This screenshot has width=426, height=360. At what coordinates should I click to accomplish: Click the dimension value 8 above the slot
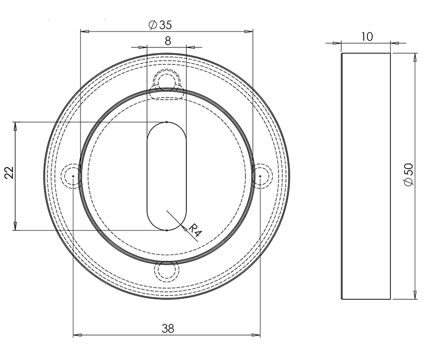tap(167, 40)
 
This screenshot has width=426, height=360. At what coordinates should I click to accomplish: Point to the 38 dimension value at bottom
tap(167, 328)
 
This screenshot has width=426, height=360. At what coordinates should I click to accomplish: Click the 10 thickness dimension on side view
tap(366, 36)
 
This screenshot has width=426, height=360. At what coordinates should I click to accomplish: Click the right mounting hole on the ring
tap(260, 176)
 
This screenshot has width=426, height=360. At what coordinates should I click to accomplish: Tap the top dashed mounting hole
tap(166, 80)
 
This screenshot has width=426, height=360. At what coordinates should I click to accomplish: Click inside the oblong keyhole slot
tap(167, 176)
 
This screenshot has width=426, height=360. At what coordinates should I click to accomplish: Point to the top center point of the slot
tap(167, 122)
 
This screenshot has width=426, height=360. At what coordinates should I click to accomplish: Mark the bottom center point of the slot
tap(167, 230)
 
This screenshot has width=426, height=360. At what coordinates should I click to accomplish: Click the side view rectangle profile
tap(365, 176)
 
